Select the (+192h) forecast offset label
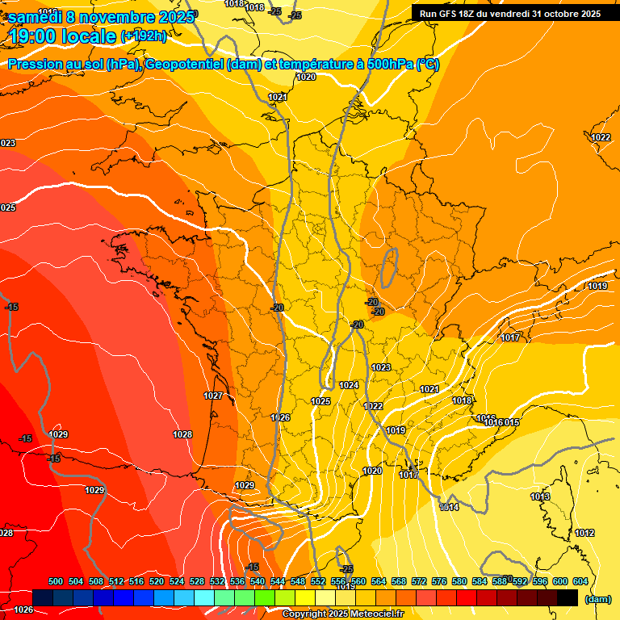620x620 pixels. point(144,36)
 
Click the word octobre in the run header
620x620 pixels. point(566,14)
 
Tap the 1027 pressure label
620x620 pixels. point(213,396)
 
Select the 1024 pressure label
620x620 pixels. point(349,385)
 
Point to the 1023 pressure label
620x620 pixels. point(381,367)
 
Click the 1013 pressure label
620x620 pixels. point(540,496)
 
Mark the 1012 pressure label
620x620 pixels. point(584,533)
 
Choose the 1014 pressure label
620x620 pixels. point(449,507)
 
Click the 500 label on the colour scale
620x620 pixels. point(56,581)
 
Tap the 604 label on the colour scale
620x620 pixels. point(580,581)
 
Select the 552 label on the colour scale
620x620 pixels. point(318,581)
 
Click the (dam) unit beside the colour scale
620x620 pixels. point(598,599)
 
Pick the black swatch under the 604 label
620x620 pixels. point(568,597)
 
